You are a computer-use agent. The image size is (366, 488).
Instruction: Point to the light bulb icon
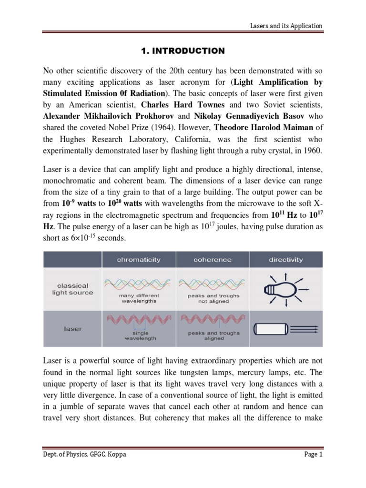click(x=283, y=289)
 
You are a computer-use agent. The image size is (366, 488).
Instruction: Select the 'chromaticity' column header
click(x=139, y=260)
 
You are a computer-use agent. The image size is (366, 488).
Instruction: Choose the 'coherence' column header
click(x=213, y=260)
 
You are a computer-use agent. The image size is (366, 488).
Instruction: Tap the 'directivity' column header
click(x=286, y=260)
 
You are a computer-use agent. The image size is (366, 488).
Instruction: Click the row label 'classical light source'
click(x=72, y=289)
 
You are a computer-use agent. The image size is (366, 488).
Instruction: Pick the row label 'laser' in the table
click(x=72, y=328)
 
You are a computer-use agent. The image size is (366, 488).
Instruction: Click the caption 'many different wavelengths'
click(x=139, y=298)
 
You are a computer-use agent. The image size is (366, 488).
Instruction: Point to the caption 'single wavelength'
click(x=139, y=336)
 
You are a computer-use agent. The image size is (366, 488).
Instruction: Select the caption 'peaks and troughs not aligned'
click(x=213, y=298)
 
